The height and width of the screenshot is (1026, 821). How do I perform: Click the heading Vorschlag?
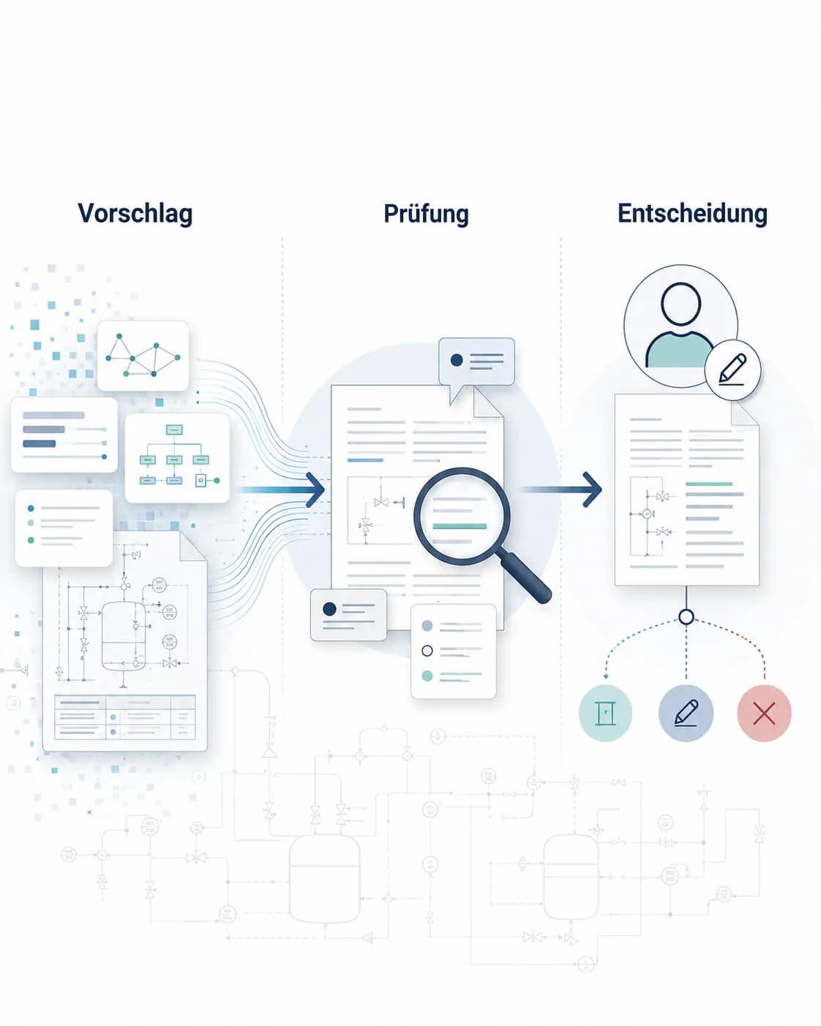135,213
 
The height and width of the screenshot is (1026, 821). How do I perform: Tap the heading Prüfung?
427,214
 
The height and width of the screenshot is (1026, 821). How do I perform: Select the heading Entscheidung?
692,213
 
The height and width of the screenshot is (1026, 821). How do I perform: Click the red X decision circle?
764,714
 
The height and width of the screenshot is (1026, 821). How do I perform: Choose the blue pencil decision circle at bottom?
686,714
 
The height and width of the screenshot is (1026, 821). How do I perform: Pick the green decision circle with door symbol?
605,714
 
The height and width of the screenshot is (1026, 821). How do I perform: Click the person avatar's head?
681,304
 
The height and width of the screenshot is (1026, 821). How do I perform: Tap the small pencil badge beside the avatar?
732,370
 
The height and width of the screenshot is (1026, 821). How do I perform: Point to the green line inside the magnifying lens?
460,526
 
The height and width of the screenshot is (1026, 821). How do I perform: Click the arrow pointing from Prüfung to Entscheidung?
562,490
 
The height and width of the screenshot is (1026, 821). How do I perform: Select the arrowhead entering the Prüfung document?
315,490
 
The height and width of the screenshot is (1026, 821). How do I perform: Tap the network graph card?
143,356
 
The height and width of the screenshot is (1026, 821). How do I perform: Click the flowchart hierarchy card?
177,457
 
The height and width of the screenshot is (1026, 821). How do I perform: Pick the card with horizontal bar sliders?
64,435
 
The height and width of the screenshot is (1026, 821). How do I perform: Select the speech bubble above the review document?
476,365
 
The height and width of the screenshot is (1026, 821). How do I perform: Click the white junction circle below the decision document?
686,617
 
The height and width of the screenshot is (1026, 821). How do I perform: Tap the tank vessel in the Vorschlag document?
124,637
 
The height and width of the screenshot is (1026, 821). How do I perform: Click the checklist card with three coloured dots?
64,528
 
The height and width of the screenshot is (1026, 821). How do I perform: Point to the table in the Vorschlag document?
125,717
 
